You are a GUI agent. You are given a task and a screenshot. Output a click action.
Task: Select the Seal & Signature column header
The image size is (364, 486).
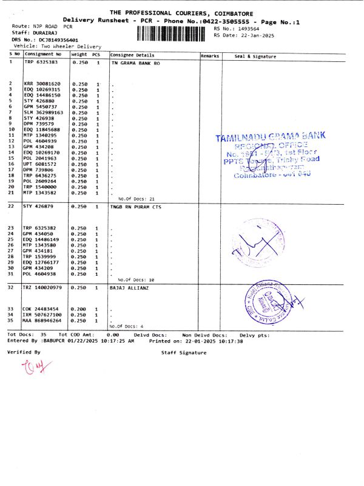click(x=255, y=56)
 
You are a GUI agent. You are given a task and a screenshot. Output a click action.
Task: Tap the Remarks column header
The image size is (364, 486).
click(x=210, y=56)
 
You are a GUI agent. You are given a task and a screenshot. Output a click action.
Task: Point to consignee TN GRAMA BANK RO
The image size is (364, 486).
click(x=136, y=63)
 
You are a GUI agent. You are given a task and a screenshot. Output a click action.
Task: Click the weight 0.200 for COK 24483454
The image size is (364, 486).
click(x=79, y=309)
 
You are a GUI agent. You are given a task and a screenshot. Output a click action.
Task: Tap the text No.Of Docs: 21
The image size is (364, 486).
click(x=136, y=199)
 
